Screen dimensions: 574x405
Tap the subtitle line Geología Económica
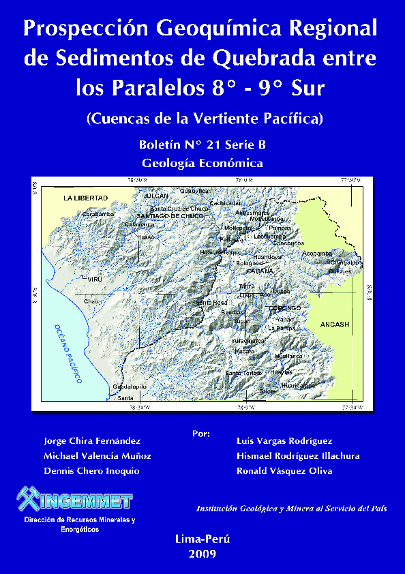[x=202, y=163]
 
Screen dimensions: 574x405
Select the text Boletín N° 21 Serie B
[x=202, y=145]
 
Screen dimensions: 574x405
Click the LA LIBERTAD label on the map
[x=86, y=198]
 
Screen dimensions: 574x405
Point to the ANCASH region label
[x=335, y=324]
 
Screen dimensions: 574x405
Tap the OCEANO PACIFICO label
[x=68, y=353]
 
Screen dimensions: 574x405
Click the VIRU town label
[x=95, y=280]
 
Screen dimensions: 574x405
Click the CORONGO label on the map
[x=285, y=308]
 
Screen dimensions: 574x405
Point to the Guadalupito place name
[x=129, y=387]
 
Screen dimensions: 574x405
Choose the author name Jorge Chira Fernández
[x=92, y=441]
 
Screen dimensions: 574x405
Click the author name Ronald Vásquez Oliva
[x=284, y=470]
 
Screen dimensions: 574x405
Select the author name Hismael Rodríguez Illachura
[x=298, y=456]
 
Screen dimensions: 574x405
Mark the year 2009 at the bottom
[x=202, y=554]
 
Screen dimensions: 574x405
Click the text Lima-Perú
[x=202, y=539]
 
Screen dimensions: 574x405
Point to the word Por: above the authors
[x=201, y=433]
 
